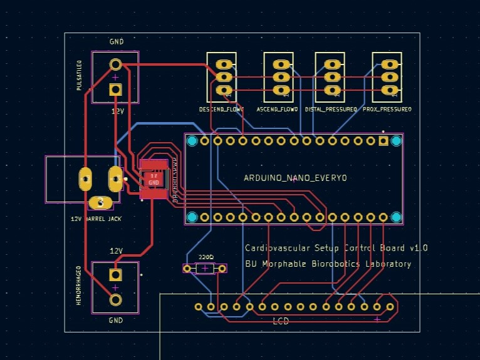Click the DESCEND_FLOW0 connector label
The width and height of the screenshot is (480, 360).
[221, 109]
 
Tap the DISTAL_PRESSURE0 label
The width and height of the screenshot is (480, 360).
[331, 109]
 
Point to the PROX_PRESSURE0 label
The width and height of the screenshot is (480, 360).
[388, 109]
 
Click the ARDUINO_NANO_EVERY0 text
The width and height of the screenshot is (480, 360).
[295, 178]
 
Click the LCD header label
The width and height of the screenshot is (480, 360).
[281, 321]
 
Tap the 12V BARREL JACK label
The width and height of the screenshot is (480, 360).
[97, 219]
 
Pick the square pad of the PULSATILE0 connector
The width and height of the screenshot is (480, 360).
[115, 89]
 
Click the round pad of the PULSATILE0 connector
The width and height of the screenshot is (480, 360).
[115, 64]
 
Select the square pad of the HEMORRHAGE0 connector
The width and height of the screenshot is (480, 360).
[115, 274]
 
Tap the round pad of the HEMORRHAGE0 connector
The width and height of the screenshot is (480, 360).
[115, 299]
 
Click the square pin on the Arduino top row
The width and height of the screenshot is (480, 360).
[383, 141]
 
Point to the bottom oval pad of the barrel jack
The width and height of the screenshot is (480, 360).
[100, 202]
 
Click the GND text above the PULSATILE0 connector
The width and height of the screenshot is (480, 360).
[117, 42]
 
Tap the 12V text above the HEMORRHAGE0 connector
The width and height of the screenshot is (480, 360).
[117, 250]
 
